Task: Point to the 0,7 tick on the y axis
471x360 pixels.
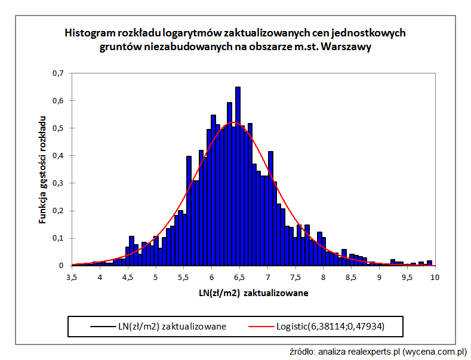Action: [58, 73]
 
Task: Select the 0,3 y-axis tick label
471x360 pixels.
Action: [58, 183]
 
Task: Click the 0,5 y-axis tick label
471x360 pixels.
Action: [58, 128]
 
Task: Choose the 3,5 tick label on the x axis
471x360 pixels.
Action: [72, 278]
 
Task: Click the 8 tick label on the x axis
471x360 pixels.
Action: [323, 278]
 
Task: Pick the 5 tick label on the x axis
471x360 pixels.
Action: [156, 278]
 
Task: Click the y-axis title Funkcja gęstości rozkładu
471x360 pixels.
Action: [42, 170]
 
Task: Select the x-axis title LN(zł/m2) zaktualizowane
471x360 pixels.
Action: [254, 293]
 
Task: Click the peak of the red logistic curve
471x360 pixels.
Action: [234, 122]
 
